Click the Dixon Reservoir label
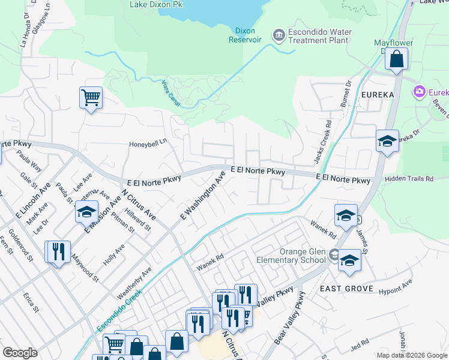[245, 35]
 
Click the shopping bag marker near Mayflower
[396, 59]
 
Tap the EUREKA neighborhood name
[378, 95]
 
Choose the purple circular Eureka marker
[419, 92]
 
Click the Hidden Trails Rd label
[410, 179]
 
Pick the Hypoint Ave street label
[396, 286]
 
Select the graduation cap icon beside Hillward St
[87, 212]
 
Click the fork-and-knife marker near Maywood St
[58, 251]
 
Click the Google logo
[20, 353]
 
